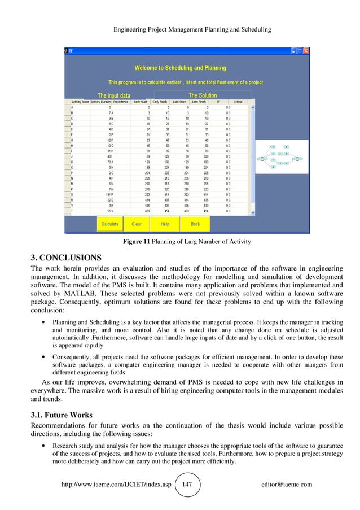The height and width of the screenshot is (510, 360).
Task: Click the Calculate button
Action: [x=109, y=224]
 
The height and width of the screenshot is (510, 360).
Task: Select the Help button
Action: [x=165, y=224]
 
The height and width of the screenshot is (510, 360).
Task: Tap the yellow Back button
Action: [x=195, y=224]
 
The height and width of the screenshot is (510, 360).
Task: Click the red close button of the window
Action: [x=306, y=51]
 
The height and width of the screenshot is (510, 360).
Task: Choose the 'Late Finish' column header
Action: [x=199, y=102]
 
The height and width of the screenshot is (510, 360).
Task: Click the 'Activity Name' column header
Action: [x=78, y=102]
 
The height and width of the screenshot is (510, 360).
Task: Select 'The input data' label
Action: [x=114, y=95]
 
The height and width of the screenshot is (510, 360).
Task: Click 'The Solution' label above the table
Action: [x=203, y=95]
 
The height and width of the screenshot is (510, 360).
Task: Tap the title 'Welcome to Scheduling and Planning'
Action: [x=180, y=68]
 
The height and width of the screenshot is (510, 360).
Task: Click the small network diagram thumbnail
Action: [x=279, y=158]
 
